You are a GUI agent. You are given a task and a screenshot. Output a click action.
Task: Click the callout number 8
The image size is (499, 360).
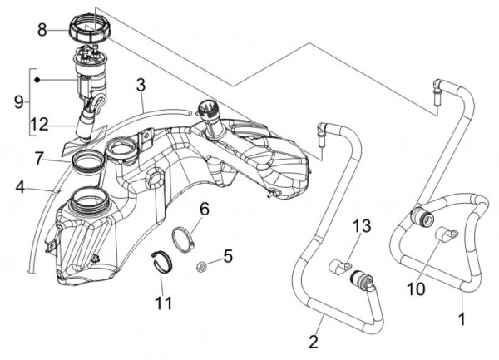pos(42,30)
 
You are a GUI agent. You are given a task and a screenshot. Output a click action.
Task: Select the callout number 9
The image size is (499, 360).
pos(17,101)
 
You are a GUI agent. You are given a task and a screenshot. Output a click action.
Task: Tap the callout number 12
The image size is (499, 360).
pos(40,126)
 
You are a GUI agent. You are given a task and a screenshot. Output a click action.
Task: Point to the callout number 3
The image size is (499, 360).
pos(141,84)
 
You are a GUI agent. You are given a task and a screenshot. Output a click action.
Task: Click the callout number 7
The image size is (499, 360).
pos(39,157)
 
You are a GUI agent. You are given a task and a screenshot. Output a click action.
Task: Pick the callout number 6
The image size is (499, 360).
pos(204,209)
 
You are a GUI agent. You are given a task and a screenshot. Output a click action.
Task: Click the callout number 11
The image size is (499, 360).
pos(163,302)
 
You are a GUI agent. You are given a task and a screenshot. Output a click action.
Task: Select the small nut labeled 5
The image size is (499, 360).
pos(202,266)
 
